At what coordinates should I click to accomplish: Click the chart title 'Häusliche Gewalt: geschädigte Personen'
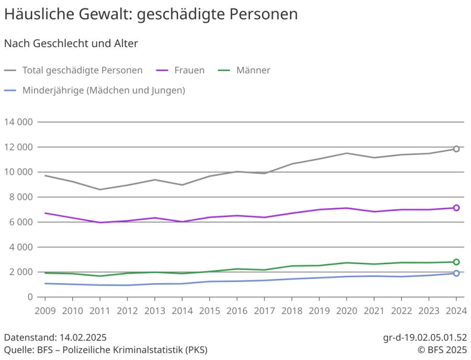click(151, 15)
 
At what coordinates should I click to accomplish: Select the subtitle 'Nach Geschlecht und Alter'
click(71, 44)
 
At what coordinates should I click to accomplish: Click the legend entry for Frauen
click(189, 70)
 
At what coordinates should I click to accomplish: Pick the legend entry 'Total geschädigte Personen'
click(82, 70)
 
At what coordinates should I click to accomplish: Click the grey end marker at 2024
click(456, 149)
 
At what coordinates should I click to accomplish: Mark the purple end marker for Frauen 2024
click(456, 208)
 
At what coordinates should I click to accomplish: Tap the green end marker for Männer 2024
click(456, 262)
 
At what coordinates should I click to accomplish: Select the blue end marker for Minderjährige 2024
click(456, 273)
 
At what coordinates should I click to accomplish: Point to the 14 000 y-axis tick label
click(18, 122)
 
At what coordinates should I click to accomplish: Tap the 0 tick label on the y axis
click(30, 297)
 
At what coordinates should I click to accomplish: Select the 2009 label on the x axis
click(45, 311)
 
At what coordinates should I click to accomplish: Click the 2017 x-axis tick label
click(264, 311)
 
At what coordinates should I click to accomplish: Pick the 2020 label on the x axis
click(346, 311)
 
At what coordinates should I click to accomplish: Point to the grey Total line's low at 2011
click(100, 189)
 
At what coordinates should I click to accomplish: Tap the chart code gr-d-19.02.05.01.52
click(425, 337)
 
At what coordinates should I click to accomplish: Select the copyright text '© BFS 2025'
click(442, 350)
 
